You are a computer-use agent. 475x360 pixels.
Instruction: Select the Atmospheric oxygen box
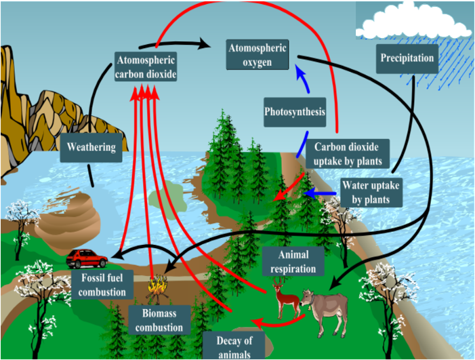click(x=257, y=55)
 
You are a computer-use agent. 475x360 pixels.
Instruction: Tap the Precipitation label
click(x=407, y=58)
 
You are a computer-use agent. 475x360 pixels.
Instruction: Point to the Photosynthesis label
click(x=295, y=113)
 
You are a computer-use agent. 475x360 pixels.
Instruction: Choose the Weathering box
click(x=91, y=146)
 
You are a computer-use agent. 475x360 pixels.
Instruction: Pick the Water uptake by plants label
click(x=371, y=193)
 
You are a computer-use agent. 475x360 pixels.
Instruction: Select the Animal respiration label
click(x=293, y=262)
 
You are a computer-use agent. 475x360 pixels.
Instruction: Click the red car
click(x=87, y=258)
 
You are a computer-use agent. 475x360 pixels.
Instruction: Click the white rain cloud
click(x=413, y=20)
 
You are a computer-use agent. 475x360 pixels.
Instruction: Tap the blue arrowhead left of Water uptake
click(x=307, y=195)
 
